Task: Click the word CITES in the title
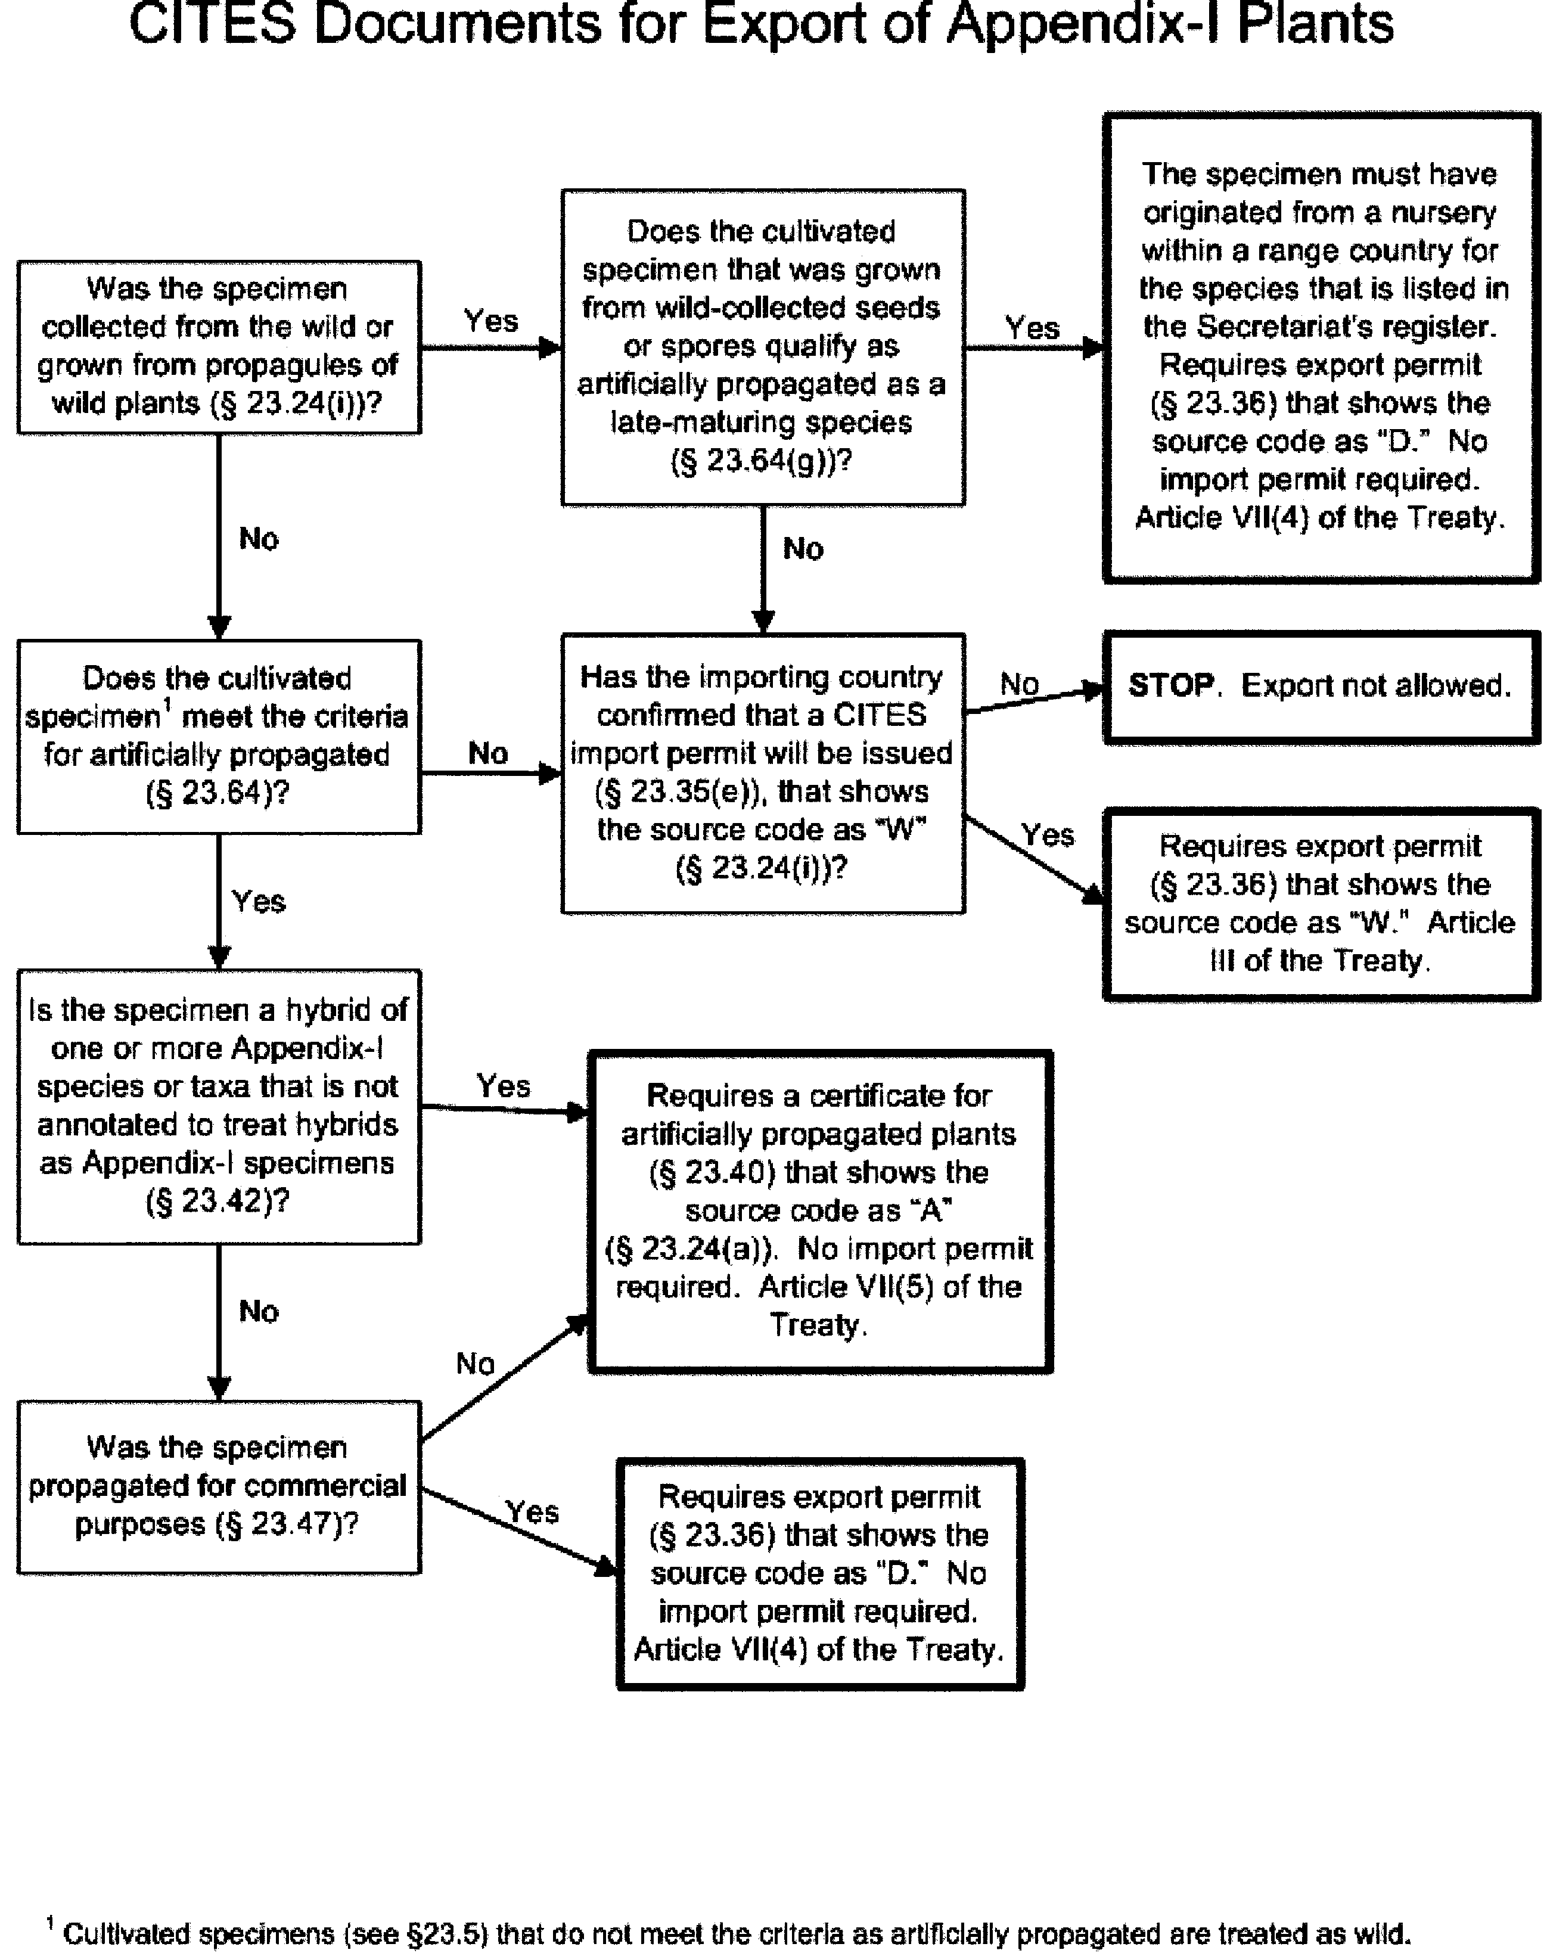(x=212, y=24)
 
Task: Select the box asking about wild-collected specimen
(x=218, y=347)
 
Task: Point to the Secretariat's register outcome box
(x=1320, y=347)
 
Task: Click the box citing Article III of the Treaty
(x=1320, y=904)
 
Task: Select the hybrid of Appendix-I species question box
(x=218, y=1106)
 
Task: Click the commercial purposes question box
(x=218, y=1486)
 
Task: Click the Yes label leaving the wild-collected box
(x=491, y=321)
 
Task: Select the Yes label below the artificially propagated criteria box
(x=258, y=901)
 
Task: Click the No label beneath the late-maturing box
(x=803, y=549)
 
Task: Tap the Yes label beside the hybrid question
(x=504, y=1085)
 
